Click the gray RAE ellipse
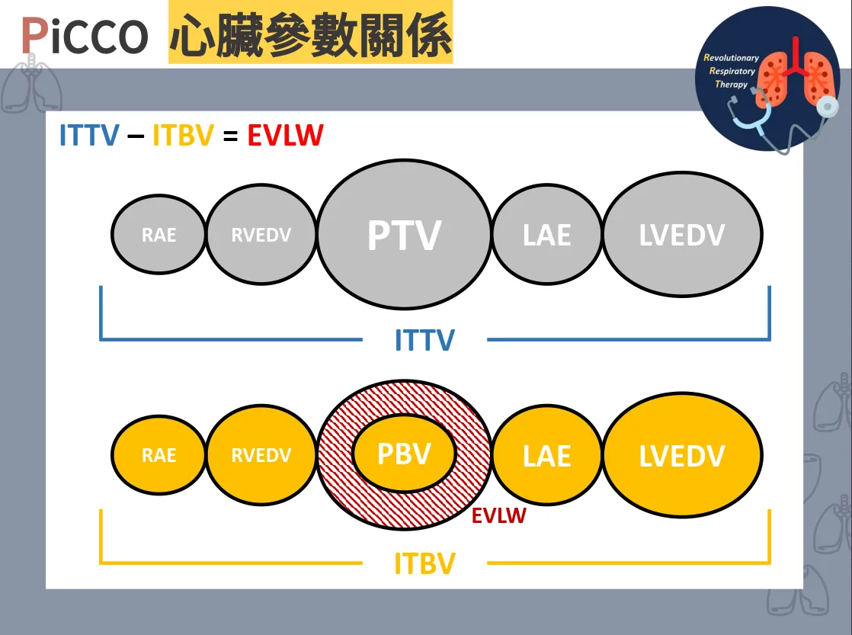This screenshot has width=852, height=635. tap(159, 234)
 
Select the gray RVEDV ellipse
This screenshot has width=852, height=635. tap(261, 234)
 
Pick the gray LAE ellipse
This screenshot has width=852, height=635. tap(547, 234)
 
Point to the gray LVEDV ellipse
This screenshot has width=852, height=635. tap(682, 234)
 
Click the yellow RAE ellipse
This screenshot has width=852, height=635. tap(159, 455)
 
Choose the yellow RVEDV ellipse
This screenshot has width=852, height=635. tap(261, 455)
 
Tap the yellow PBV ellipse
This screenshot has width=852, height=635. tap(404, 454)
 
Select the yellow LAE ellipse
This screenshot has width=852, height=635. tap(547, 455)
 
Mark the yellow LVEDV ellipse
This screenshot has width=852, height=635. tap(682, 455)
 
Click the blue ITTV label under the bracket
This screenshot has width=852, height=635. tap(424, 340)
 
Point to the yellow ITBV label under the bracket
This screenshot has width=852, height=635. tap(424, 564)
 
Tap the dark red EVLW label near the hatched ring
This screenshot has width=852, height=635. tap(498, 516)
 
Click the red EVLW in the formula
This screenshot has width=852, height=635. tap(285, 136)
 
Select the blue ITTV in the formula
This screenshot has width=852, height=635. tap(89, 136)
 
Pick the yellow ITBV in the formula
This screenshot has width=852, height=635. tap(183, 136)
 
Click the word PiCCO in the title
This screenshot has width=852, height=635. tap(84, 35)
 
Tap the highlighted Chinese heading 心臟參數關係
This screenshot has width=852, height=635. tap(310, 34)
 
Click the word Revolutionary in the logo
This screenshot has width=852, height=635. tap(732, 58)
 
